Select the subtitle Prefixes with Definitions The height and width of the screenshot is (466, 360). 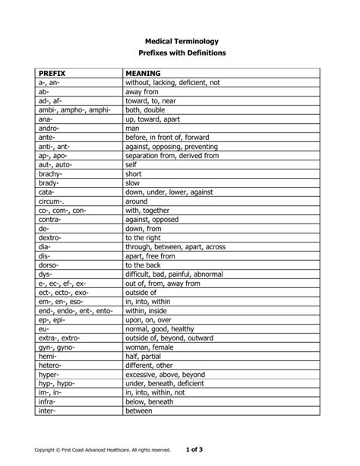(x=180, y=54)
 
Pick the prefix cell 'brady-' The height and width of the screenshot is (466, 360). (x=49, y=183)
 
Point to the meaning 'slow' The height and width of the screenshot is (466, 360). (x=133, y=183)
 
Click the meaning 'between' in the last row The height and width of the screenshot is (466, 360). (x=140, y=411)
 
